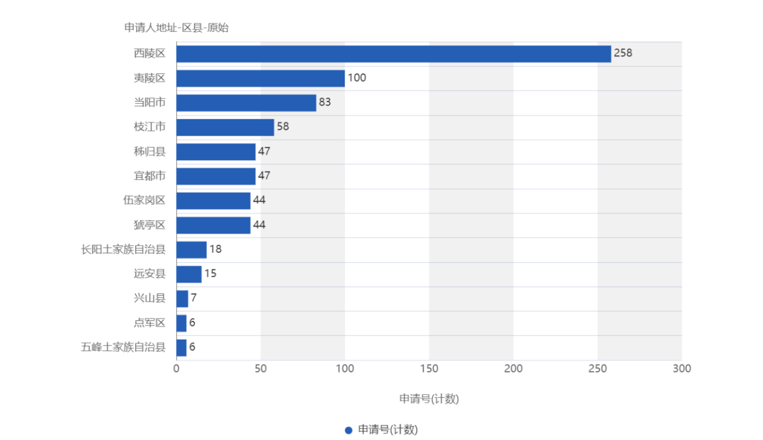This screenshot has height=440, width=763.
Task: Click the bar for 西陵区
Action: click(x=394, y=54)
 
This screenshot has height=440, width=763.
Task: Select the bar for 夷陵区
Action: click(x=260, y=78)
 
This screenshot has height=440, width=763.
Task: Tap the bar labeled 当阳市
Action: click(x=246, y=103)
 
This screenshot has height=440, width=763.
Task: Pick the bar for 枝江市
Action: click(x=225, y=127)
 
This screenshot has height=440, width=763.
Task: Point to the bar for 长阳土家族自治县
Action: click(x=191, y=249)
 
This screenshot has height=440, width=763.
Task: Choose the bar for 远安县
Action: click(x=189, y=274)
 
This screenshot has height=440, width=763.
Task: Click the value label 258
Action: click(x=623, y=53)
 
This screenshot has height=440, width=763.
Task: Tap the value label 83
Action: click(x=324, y=103)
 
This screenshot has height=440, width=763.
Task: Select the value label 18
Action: click(x=215, y=249)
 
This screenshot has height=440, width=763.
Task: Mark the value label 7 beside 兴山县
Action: click(x=193, y=299)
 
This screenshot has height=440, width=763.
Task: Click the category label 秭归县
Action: click(x=150, y=152)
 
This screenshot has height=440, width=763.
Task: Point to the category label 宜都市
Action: click(x=150, y=176)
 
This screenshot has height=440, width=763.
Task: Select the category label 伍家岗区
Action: click(x=144, y=201)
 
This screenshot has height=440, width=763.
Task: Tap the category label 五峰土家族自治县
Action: click(x=123, y=347)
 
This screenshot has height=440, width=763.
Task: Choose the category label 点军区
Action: click(x=150, y=323)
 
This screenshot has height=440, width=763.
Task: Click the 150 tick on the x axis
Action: click(x=429, y=368)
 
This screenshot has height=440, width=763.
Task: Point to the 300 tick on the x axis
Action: click(x=682, y=368)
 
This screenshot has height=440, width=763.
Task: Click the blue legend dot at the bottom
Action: click(x=348, y=430)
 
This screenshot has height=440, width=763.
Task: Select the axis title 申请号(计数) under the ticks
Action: click(x=429, y=399)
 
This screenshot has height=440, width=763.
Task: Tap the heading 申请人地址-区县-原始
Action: click(x=176, y=28)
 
